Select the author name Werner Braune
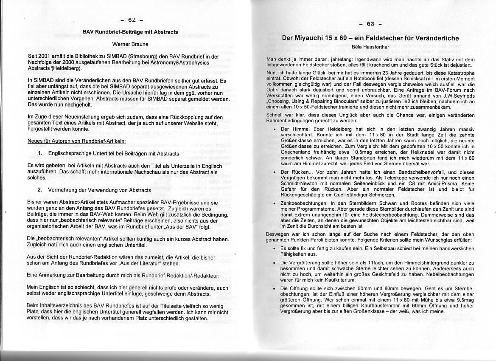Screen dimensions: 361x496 (130, 44)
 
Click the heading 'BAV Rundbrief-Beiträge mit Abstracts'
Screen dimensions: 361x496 (130, 32)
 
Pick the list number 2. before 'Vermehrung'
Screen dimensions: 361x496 (40, 190)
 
